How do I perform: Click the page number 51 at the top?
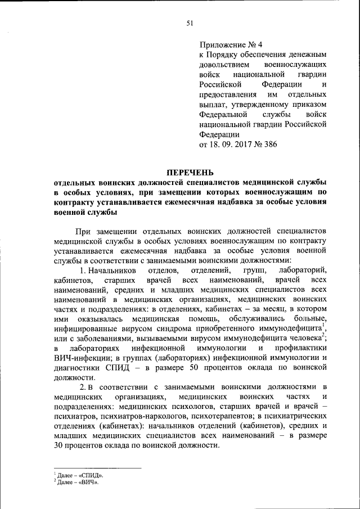(190, 23)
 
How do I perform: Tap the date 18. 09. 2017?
(233, 145)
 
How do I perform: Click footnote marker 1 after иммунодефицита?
(326, 327)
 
